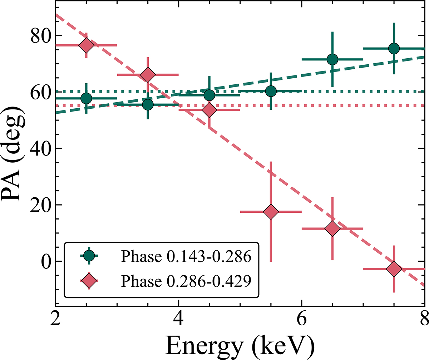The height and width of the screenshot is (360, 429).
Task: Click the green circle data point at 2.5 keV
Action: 86,98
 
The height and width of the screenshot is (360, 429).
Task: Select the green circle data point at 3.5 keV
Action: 148,104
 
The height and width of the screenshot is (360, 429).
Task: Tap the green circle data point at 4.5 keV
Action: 209,95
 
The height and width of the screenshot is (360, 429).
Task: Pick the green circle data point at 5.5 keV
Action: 271,91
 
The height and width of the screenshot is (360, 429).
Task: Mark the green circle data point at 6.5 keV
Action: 332,59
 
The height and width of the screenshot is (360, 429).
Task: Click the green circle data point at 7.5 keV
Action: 394,48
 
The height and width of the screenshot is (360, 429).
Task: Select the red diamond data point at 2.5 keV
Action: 86,45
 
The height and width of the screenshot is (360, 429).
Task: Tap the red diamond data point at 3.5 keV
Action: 148,75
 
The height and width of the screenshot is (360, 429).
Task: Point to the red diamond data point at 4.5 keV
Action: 209,110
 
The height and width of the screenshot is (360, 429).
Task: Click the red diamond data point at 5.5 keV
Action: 271,212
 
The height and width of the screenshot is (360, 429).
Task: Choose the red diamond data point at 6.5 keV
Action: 332,228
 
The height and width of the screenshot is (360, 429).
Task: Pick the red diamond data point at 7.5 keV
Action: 394,269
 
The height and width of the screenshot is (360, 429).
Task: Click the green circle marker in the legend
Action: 89,256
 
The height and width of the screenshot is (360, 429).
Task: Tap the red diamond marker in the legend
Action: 89,281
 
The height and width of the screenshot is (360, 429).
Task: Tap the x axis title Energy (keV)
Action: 240,346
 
